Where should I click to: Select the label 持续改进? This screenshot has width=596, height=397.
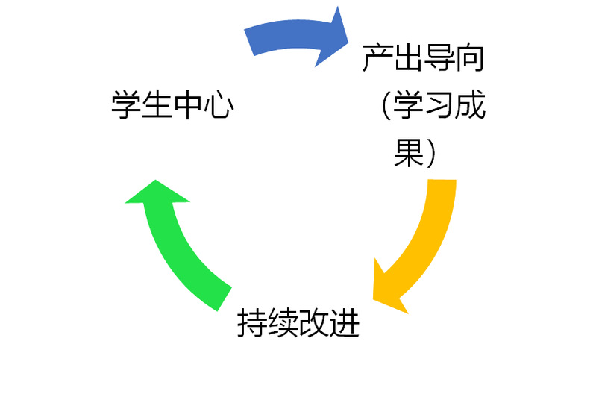(x=298, y=323)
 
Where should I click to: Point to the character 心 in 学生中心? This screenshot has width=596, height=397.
(x=219, y=105)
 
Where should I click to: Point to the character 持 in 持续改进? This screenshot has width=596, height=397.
(x=252, y=323)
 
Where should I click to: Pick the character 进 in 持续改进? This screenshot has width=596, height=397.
(x=345, y=323)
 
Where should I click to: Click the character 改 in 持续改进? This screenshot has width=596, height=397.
(x=314, y=323)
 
